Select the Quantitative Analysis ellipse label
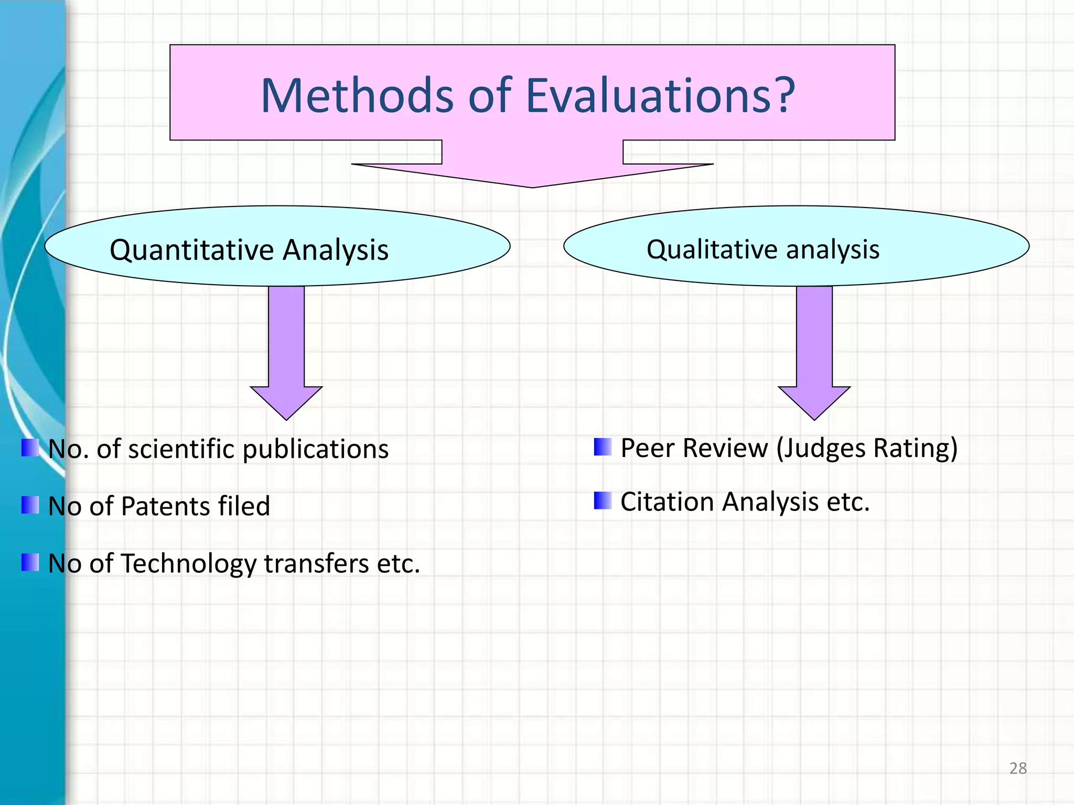pos(249,249)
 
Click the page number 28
pos(1017,768)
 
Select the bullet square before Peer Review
pos(603,447)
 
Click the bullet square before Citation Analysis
pos(603,501)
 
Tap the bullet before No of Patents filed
pos(30,505)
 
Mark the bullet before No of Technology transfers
pos(30,562)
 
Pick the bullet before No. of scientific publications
pos(30,448)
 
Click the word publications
pos(315,450)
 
